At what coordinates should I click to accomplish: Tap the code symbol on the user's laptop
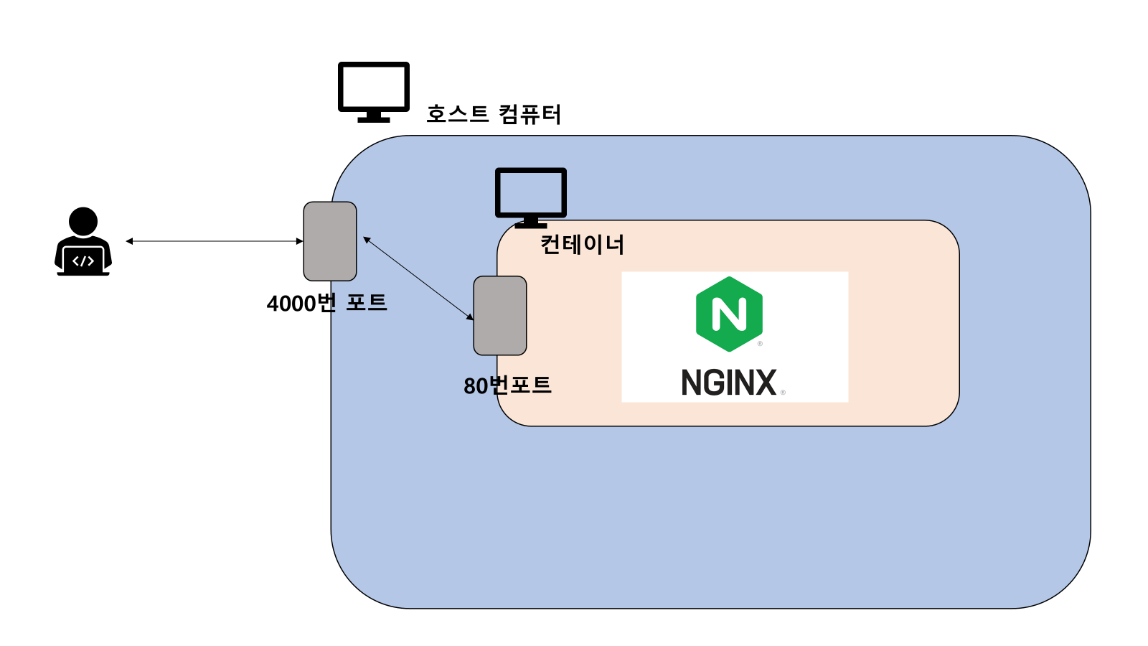[83, 261]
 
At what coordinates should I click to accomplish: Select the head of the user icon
[83, 221]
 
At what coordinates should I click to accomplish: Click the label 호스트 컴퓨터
[494, 114]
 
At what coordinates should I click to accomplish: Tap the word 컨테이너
[582, 245]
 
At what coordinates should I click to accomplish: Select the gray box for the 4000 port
[330, 241]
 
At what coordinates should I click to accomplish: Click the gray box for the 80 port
[500, 316]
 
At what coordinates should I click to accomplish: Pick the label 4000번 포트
[326, 303]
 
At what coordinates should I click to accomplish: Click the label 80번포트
[507, 385]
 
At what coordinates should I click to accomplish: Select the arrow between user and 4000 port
[215, 241]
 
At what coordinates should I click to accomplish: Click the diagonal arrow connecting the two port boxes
[418, 278]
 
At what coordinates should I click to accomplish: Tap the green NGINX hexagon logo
[729, 314]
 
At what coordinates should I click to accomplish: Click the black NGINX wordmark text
[729, 383]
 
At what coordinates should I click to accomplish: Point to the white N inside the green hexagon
[729, 314]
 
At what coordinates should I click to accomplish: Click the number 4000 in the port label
[291, 304]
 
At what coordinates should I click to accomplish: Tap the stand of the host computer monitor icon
[374, 116]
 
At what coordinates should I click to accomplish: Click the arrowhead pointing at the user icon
[129, 241]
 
